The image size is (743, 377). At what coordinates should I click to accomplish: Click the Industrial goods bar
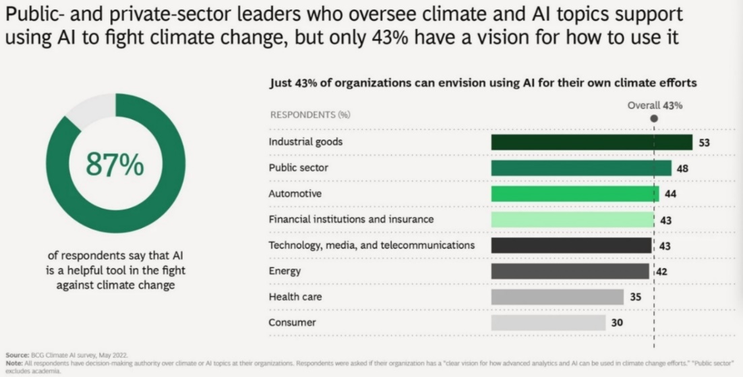click(591, 142)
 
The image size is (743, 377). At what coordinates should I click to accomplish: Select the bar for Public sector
click(581, 168)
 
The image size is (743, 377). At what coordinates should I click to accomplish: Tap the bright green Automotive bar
click(575, 194)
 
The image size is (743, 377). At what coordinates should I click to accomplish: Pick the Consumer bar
click(548, 322)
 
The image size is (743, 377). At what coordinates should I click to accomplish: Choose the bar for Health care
click(558, 297)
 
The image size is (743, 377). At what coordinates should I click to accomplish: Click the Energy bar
click(570, 271)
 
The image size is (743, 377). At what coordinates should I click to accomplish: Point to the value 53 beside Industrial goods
click(705, 143)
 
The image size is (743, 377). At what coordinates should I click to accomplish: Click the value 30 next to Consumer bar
click(617, 322)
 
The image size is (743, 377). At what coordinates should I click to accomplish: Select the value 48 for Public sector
click(682, 169)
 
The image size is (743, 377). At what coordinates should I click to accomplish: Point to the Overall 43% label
click(655, 105)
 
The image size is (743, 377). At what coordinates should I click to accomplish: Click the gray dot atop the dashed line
click(654, 118)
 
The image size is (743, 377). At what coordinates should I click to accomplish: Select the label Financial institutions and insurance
click(351, 219)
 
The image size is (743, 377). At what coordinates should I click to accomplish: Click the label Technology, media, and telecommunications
click(371, 245)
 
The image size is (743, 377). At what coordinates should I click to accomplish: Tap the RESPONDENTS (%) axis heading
click(309, 115)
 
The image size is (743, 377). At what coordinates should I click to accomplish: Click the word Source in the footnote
click(13, 354)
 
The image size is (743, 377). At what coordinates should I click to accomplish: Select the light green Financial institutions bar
click(572, 220)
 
